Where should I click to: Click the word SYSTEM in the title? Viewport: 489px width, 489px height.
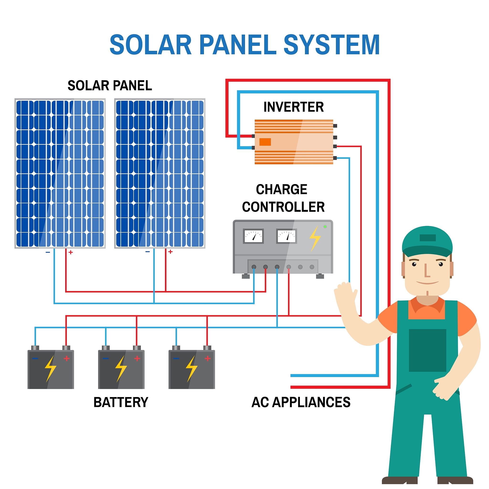331,45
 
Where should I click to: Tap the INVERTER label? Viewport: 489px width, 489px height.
293,107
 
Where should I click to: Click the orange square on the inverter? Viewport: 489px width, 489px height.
265,142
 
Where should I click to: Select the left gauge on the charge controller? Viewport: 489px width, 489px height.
253,236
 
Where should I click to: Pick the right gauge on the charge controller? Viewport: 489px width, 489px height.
286,236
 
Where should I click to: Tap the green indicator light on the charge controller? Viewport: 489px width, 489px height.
325,227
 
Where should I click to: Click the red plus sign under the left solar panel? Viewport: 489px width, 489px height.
71,252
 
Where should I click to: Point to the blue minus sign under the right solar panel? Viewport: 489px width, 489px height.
148,252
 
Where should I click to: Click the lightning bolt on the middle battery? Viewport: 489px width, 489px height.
121,368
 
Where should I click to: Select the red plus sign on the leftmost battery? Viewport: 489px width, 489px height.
67,358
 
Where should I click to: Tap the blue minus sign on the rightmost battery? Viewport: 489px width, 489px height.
176,358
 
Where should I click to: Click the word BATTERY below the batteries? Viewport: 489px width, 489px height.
121,402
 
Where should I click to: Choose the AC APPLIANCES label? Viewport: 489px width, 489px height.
301,402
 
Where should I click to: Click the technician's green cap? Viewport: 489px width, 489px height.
427,240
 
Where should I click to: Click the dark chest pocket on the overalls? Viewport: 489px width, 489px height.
427,350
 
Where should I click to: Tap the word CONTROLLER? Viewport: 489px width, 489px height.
283,207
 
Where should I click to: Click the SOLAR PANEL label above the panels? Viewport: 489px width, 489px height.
110,85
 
